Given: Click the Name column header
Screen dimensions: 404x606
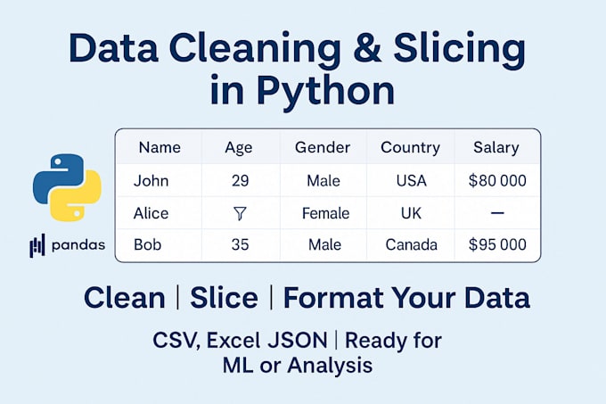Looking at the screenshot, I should [x=160, y=147].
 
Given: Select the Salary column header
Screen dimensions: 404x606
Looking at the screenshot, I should [x=497, y=147].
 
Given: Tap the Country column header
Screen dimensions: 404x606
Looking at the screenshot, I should [x=410, y=147].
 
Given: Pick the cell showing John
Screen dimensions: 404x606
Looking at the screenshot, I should [x=151, y=180].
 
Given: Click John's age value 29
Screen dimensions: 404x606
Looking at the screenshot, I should [x=239, y=180].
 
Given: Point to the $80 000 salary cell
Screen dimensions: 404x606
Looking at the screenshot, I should [x=497, y=180].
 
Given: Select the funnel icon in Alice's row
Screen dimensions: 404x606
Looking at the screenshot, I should [x=238, y=213].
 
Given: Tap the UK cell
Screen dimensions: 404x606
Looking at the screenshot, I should [x=410, y=213].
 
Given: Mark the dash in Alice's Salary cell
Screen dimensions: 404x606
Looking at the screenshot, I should [x=497, y=213].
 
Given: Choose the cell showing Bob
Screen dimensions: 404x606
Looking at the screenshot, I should [x=148, y=244].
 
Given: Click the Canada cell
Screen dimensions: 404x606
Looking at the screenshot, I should [x=410, y=244].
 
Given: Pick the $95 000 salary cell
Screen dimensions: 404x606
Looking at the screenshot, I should [x=497, y=244].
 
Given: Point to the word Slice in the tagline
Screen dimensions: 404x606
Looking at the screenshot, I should [x=223, y=298].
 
